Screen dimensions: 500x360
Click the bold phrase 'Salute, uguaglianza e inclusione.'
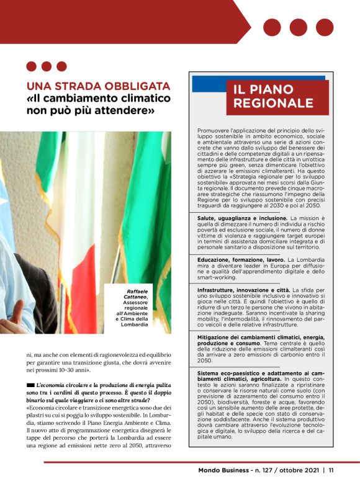click(242, 218)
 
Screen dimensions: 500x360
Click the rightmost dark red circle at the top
click(325, 27)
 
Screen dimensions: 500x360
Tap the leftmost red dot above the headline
click(32, 66)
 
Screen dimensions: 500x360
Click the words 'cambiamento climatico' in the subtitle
click(110, 99)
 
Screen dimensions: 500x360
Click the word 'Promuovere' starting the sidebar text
click(213, 130)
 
